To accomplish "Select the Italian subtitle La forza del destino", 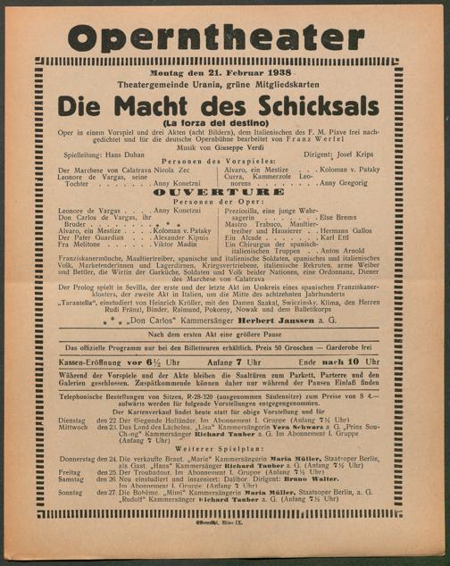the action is pos(225,122).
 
